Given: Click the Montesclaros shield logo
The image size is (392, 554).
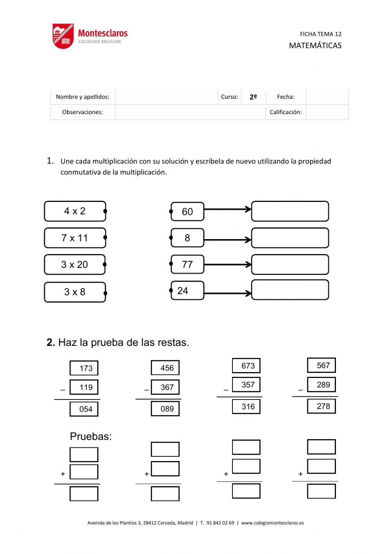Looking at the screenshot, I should [x=63, y=36].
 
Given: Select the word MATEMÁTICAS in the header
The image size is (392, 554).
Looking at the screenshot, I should [x=315, y=45].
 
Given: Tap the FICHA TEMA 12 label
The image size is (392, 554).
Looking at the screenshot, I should [x=320, y=34].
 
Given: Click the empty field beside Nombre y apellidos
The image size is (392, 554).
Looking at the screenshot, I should [x=166, y=97].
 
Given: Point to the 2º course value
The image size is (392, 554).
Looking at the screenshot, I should [x=253, y=97].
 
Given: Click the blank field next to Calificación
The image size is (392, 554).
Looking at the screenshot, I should [x=327, y=112].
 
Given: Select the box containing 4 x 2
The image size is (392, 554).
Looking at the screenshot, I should [x=75, y=211].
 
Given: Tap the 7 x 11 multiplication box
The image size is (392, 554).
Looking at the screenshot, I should [x=75, y=238].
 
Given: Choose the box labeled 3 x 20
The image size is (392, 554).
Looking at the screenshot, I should [x=74, y=265].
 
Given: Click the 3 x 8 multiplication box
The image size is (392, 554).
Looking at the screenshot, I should [x=75, y=292].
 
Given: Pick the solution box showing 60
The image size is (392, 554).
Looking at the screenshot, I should [x=187, y=212].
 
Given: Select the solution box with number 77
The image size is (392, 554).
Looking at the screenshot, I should [x=187, y=265].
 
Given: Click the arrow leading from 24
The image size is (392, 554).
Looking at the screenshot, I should [x=227, y=293].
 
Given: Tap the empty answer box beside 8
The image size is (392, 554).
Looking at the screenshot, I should [x=290, y=238].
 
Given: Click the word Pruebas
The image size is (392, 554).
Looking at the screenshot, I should [x=91, y=436].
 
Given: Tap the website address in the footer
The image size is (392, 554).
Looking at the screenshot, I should [x=272, y=523].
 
